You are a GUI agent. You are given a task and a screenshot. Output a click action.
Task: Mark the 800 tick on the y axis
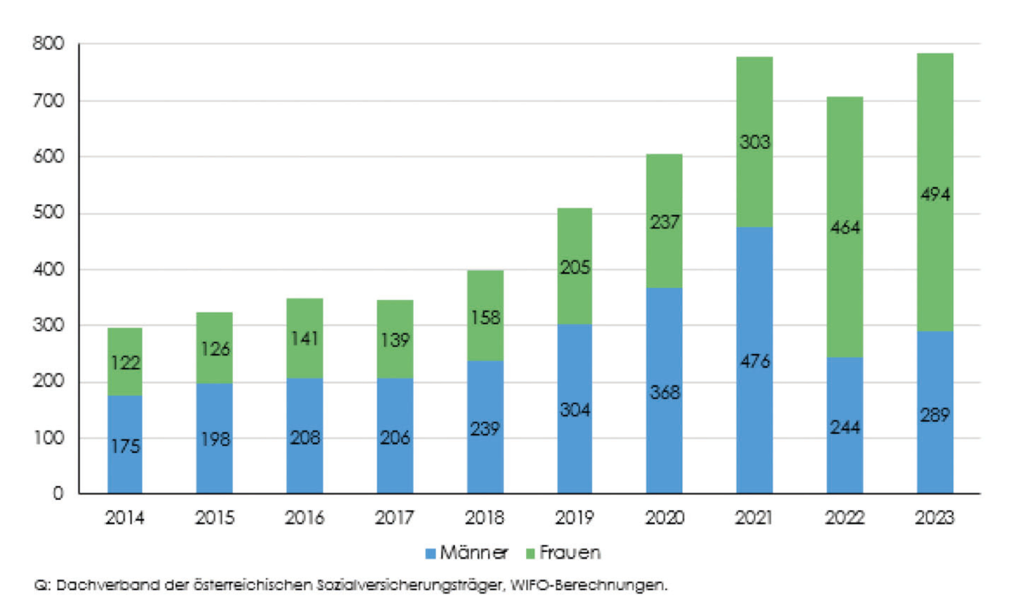click(x=48, y=43)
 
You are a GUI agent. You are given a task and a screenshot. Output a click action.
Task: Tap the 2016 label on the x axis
click(x=305, y=517)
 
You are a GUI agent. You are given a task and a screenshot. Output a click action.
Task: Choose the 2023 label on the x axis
click(x=935, y=517)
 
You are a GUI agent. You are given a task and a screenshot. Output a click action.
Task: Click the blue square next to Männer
click(x=430, y=554)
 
